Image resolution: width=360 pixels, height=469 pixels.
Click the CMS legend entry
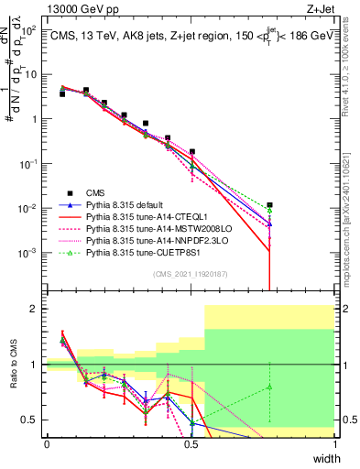point(96,192)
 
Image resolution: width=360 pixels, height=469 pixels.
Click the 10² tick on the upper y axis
point(32,30)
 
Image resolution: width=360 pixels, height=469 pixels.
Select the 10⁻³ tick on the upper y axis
point(32,252)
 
